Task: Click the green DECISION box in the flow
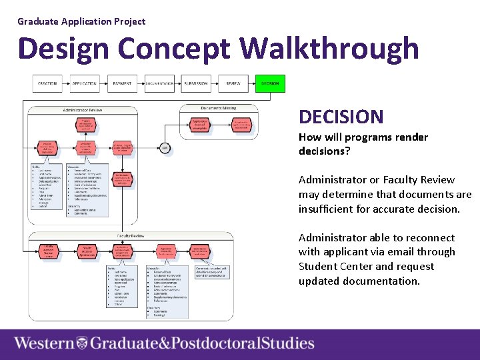pyautogui.click(x=270, y=83)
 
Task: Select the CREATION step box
pyautogui.click(x=47, y=83)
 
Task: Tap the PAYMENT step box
pyautogui.click(x=122, y=83)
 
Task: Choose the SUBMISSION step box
pyautogui.click(x=196, y=83)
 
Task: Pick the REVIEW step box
pyautogui.click(x=233, y=83)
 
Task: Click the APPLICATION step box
pyautogui.click(x=85, y=83)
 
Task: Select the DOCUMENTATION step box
pyautogui.click(x=159, y=83)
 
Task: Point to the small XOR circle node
pyautogui.click(x=165, y=147)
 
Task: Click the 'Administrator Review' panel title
pyautogui.click(x=83, y=109)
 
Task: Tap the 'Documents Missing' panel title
pyautogui.click(x=219, y=107)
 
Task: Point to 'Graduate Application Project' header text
pyautogui.click(x=81, y=21)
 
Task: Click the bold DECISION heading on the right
pyautogui.click(x=341, y=117)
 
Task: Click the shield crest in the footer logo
pyautogui.click(x=82, y=343)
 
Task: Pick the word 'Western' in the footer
pyautogui.click(x=44, y=343)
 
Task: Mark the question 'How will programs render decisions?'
pyautogui.click(x=363, y=144)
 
